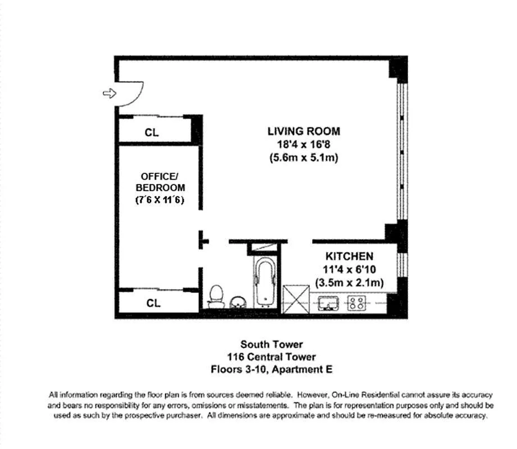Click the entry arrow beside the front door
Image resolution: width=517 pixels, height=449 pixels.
coord(109,94)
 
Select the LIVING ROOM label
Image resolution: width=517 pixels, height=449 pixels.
coord(304,131)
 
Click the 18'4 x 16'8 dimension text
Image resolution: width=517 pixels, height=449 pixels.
coord(304,144)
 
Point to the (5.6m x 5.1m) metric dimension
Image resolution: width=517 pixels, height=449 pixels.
coord(304,158)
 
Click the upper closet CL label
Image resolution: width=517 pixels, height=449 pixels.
coord(152,132)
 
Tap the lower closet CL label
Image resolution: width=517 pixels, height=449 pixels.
coord(153,303)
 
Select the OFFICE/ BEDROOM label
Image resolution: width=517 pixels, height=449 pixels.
coord(160,182)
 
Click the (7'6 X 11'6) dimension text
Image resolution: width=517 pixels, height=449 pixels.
coord(160,200)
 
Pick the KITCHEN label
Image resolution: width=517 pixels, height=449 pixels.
coord(350,256)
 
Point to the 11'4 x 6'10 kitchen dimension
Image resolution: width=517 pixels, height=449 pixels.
coord(350,269)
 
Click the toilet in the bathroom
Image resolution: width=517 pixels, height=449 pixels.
coord(216,296)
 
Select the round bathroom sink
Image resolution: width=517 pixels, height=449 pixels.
coord(238,303)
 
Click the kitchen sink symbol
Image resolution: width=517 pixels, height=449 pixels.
coord(328,303)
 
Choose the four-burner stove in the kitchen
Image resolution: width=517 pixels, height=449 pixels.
coord(357,303)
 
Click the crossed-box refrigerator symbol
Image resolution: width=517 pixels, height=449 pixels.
coord(296,300)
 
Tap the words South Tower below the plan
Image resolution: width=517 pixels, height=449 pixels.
coord(272,345)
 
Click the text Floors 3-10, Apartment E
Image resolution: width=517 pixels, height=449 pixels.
coord(272,369)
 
